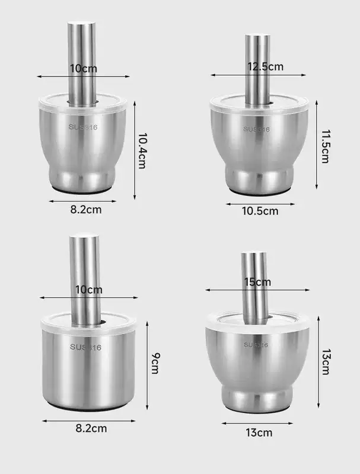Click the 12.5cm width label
click(x=266, y=66)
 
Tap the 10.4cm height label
click(x=142, y=150)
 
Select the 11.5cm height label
click(x=325, y=146)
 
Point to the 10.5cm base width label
click(x=260, y=211)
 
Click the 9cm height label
click(x=155, y=363)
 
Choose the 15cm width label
click(x=257, y=282)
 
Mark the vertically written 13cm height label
click(x=326, y=362)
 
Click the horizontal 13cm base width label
click(x=259, y=433)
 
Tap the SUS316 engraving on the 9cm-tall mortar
click(x=85, y=347)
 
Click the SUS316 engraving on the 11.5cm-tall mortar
click(x=257, y=129)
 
